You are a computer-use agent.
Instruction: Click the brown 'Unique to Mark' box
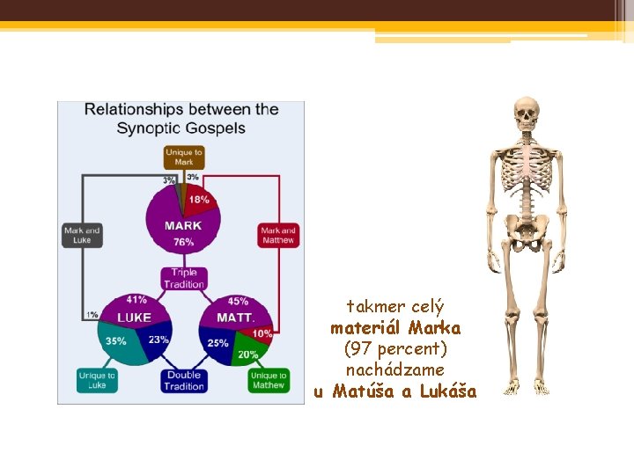tap(183, 157)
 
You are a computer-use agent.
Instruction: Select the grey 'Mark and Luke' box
tap(81, 235)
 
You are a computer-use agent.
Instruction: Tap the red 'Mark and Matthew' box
tap(278, 235)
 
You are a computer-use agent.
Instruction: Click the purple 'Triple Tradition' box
tap(183, 278)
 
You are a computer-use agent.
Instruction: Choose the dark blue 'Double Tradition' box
tap(183, 380)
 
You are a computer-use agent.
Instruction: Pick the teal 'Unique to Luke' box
tap(97, 380)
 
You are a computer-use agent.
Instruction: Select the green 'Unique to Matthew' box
tap(268, 380)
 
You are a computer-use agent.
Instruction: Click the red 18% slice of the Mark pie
tap(201, 201)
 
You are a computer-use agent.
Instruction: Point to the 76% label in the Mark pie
tap(183, 241)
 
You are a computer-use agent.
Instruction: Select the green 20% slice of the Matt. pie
tap(247, 354)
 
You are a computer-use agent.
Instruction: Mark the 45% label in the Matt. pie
tap(237, 301)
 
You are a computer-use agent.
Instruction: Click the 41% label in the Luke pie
tap(136, 300)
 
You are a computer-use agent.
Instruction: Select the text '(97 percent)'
tap(395, 349)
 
